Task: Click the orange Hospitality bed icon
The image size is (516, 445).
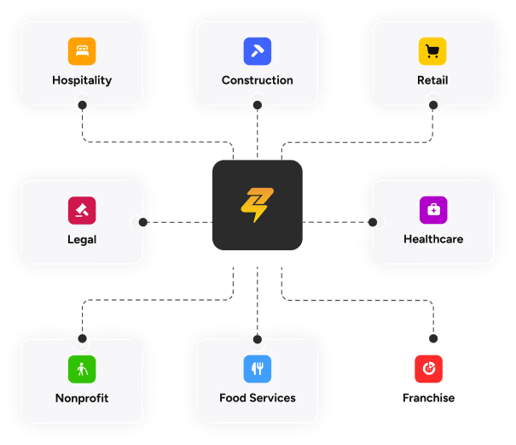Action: click(x=82, y=51)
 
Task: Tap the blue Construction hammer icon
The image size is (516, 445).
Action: click(x=258, y=51)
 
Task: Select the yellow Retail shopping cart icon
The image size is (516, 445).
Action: click(x=432, y=51)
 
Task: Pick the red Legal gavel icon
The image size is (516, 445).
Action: click(x=82, y=210)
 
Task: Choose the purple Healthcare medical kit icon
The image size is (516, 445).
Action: click(x=433, y=210)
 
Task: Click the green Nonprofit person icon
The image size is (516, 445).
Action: click(x=82, y=369)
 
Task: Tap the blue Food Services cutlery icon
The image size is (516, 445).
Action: click(x=258, y=369)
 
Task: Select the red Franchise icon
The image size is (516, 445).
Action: click(x=428, y=369)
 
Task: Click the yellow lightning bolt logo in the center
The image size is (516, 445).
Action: click(x=257, y=205)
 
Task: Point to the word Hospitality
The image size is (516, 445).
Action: click(x=82, y=80)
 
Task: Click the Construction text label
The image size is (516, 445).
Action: click(x=258, y=80)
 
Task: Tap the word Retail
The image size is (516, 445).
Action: click(x=432, y=80)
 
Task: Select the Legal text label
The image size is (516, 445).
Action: click(x=82, y=240)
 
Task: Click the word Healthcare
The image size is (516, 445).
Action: click(x=433, y=239)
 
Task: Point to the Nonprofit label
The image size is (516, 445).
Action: click(x=82, y=398)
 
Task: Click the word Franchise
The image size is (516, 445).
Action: click(x=428, y=398)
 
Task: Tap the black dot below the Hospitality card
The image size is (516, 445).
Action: click(x=82, y=105)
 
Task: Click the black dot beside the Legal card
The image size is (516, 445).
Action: click(x=142, y=222)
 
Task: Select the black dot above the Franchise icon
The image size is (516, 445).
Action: click(x=433, y=338)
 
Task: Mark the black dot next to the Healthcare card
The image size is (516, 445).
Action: click(x=373, y=222)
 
